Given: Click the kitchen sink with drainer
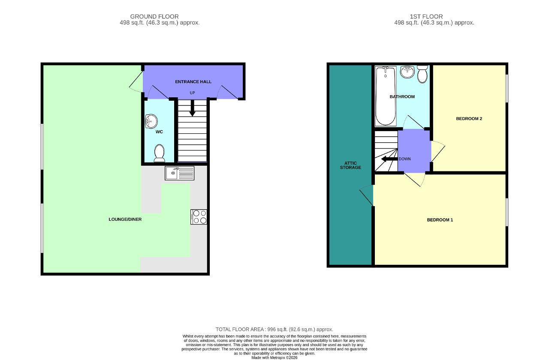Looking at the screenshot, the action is tap(179, 173).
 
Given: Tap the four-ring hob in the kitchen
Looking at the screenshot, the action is tap(199, 217).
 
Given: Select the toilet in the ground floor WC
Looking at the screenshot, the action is tap(159, 153).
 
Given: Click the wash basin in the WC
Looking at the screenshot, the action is tap(151, 121).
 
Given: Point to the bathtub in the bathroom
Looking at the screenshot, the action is tap(386, 96).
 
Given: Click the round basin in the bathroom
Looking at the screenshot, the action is tap(407, 72).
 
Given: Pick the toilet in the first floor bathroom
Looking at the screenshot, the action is tap(422, 74).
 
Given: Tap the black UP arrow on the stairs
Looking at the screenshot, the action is tap(193, 108).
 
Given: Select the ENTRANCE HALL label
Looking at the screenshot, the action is tap(193, 82).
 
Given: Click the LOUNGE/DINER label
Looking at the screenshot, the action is tap(125, 219).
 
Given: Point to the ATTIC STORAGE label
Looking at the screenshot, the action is tap(350, 165).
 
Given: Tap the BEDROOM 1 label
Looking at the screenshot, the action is tap(440, 220).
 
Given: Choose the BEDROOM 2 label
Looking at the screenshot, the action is tap(469, 119).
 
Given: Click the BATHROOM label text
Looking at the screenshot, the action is tap(402, 97).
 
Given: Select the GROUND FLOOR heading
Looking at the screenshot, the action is tap(154, 17).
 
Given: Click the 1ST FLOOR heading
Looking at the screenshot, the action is tap(426, 17).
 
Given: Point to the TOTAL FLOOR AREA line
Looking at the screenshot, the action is tap(274, 330).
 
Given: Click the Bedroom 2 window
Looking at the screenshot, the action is tap(507, 88).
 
